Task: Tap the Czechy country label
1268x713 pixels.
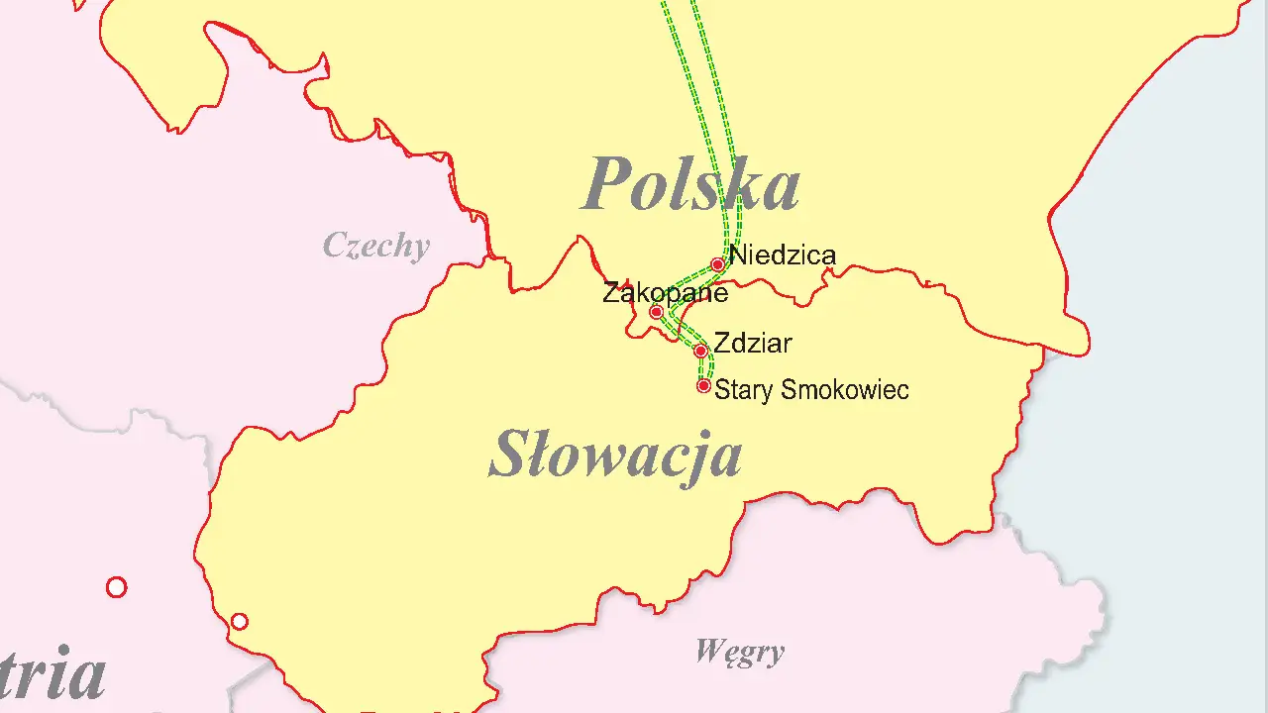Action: (x=376, y=246)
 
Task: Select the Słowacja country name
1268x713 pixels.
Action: (x=615, y=456)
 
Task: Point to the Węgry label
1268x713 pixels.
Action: (x=739, y=652)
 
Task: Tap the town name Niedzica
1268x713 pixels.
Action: (x=783, y=255)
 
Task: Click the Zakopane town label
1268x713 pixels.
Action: (x=665, y=293)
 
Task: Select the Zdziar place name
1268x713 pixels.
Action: (x=753, y=344)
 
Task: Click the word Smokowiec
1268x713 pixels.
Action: (x=844, y=390)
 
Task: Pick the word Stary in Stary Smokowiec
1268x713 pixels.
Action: (x=743, y=390)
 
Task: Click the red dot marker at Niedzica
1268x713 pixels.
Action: (x=717, y=264)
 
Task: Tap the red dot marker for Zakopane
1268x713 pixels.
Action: (x=656, y=312)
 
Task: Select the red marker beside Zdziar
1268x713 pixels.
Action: (x=700, y=351)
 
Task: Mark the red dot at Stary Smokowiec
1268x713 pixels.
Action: (x=703, y=385)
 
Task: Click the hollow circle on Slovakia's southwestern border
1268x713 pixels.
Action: (x=239, y=622)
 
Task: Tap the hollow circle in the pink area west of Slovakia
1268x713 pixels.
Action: (x=116, y=587)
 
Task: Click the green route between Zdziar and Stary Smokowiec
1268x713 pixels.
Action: (x=706, y=367)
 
